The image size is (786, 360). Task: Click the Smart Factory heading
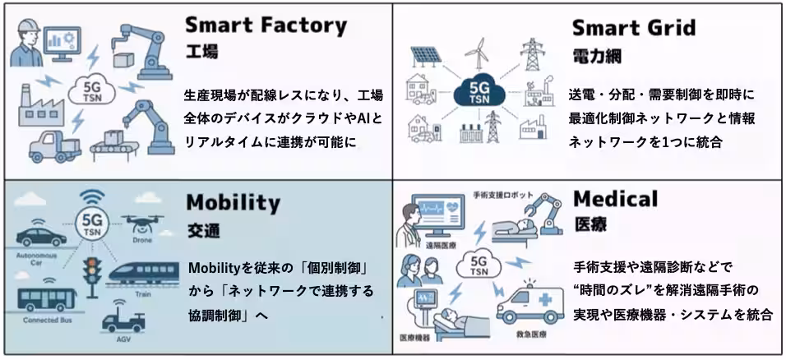click(266, 25)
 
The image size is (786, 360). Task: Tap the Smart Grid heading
click(634, 27)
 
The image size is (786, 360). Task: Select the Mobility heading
click(233, 203)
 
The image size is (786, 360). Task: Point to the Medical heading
click(615, 199)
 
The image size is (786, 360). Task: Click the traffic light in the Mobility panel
click(92, 277)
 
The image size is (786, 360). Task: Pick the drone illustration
click(142, 224)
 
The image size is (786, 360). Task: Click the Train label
click(143, 294)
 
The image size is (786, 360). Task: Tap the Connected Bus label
click(48, 320)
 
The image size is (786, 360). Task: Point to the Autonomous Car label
click(37, 259)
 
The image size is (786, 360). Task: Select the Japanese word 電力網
click(597, 56)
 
